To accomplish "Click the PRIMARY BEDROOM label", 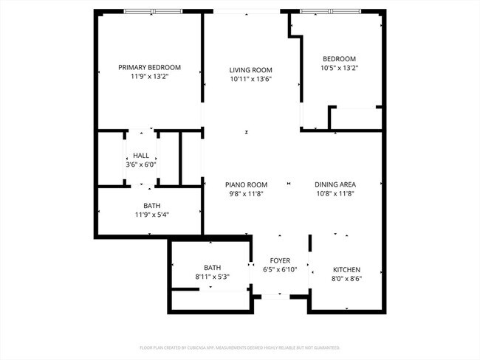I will point(149,67).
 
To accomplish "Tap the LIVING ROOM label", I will point(251,69).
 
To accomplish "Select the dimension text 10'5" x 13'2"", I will point(340,68).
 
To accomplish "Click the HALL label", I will point(141,156).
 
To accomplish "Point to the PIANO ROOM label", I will point(246,184).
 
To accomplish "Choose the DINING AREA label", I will point(336,184).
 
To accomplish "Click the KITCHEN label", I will point(346,270).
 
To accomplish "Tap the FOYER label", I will point(280,260).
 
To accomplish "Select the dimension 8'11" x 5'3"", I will point(213,277).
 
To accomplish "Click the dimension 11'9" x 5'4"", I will point(151,215).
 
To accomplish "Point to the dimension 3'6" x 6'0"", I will point(141,165).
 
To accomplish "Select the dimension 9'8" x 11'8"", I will point(246,193).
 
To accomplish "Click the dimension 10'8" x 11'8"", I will point(336,193).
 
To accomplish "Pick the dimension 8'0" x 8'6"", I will point(346,279).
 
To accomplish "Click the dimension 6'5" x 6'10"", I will point(280,269).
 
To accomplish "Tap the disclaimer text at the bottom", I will point(240,347).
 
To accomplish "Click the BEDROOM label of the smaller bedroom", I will point(340,59).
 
